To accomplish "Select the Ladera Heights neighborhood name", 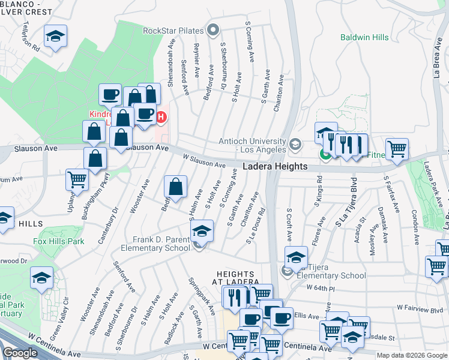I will click(x=275, y=166).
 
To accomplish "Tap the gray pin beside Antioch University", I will click(x=295, y=144).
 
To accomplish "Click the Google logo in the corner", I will click(x=20, y=353).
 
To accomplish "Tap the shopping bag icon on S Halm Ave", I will click(x=175, y=188).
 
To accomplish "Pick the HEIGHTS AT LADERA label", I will click(x=238, y=277).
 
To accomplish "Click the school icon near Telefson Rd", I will click(x=55, y=37).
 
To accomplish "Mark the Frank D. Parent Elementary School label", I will click(x=155, y=243).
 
